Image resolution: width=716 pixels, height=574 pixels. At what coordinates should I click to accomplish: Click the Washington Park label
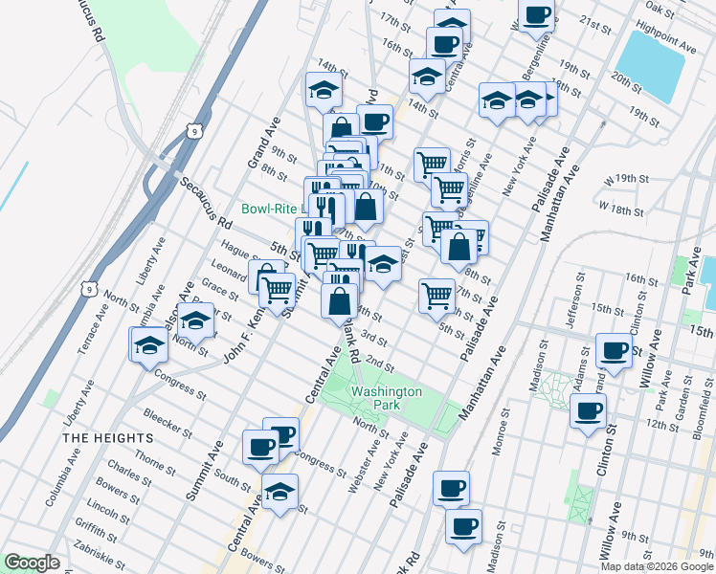(x=386, y=398)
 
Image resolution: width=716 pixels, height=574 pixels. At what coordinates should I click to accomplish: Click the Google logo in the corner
(x=32, y=562)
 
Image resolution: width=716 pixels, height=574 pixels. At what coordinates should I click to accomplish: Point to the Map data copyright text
(x=657, y=566)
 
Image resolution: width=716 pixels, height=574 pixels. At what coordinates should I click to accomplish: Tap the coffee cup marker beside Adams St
(x=588, y=411)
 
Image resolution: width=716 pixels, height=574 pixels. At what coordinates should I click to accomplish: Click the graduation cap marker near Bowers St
(x=279, y=493)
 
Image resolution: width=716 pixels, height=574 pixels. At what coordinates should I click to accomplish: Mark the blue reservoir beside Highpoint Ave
(x=652, y=63)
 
